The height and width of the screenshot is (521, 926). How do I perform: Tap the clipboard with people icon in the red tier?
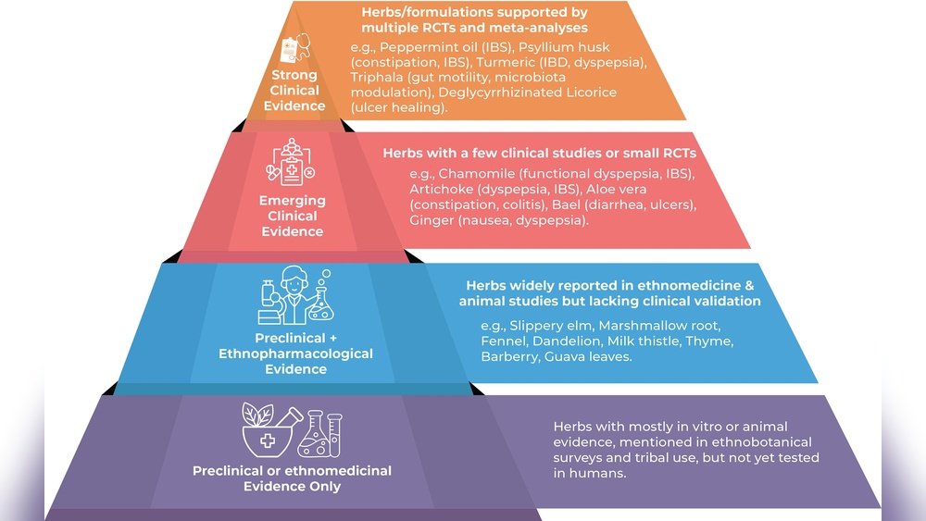point(291,162)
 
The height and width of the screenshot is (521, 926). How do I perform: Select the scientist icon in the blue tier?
point(296,294)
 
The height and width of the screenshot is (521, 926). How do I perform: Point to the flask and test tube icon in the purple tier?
point(319,434)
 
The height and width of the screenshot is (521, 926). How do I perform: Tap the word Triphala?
point(375,78)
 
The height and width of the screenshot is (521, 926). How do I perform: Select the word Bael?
point(565,205)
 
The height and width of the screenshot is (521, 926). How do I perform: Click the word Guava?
point(562,356)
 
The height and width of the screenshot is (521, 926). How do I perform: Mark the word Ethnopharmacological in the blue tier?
point(296,354)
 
